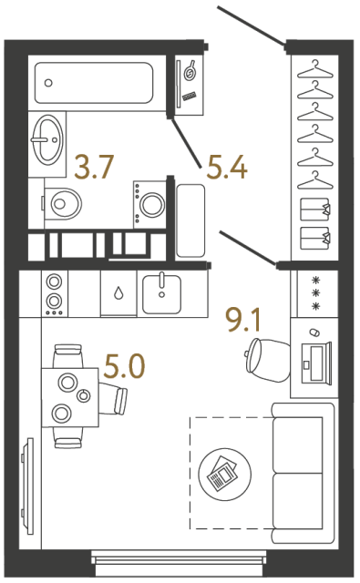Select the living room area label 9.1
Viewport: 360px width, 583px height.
pos(243,321)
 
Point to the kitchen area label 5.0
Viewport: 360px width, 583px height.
pos(124,369)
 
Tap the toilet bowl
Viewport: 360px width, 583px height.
pos(62,201)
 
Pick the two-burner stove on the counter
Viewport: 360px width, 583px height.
pos(55,291)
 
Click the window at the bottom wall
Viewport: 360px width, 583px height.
pos(182,560)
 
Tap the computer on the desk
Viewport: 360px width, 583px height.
pos(316,358)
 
